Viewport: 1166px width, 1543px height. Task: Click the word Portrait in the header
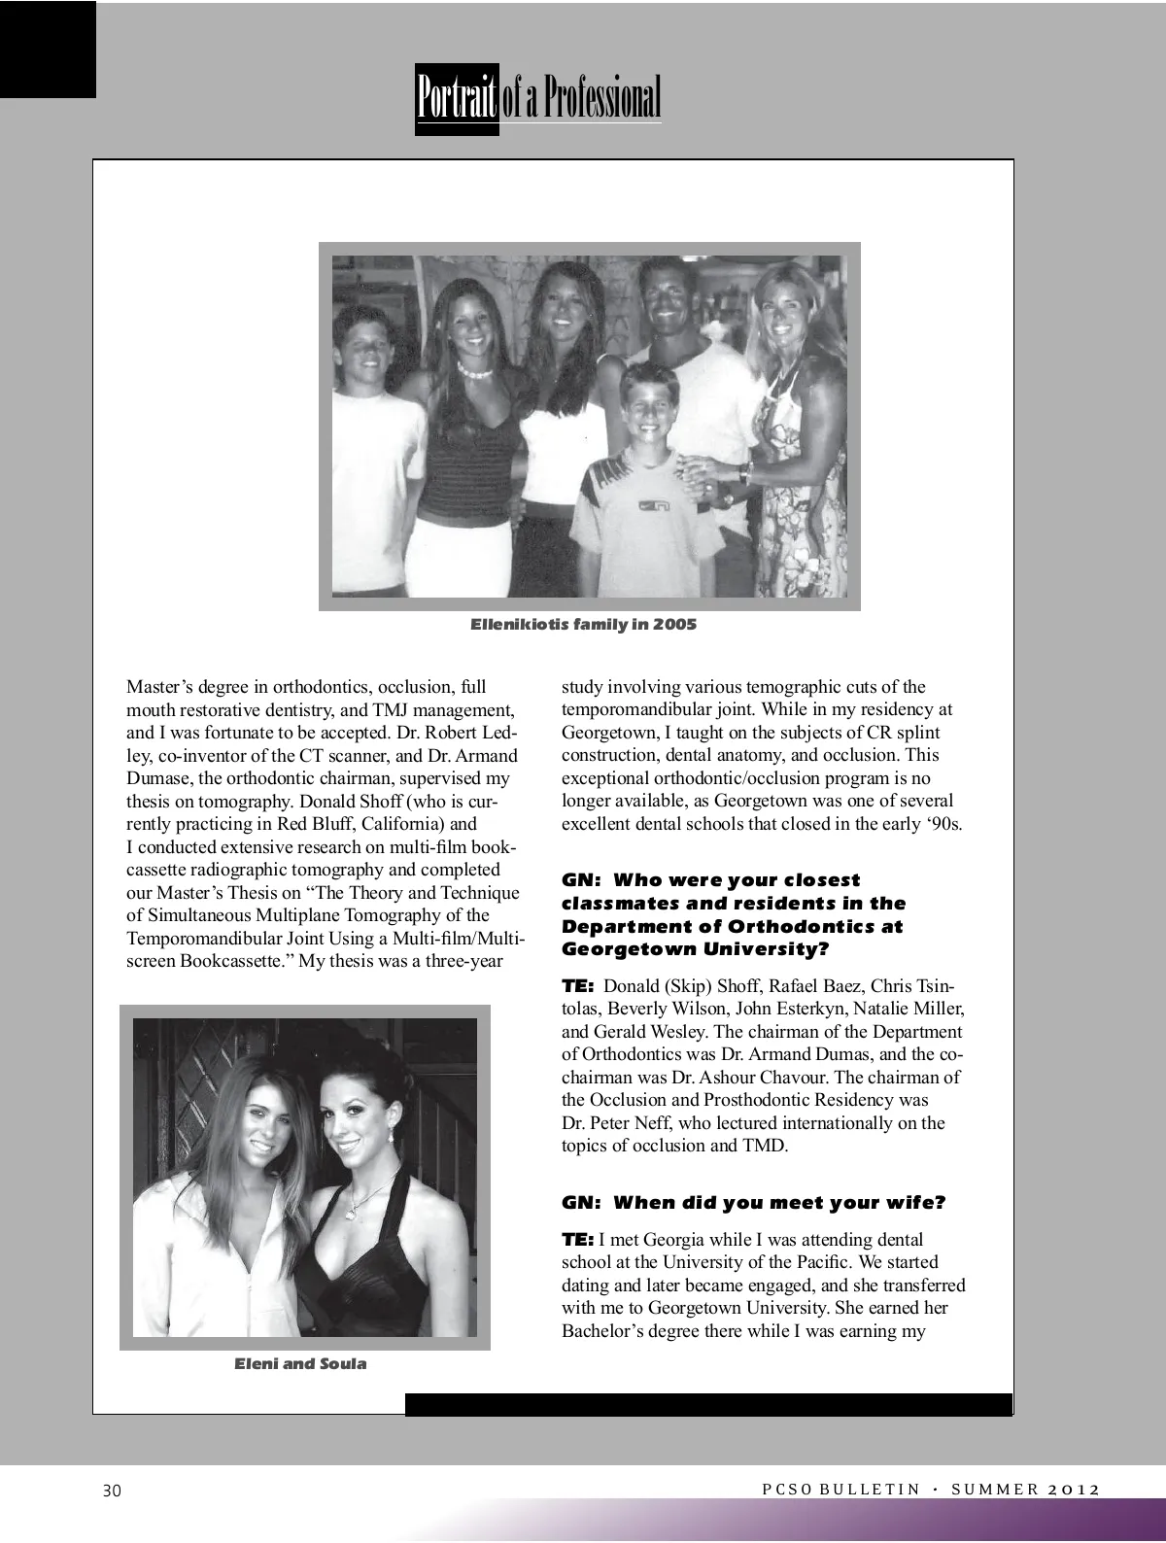click(x=457, y=100)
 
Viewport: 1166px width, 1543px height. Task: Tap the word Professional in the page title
click(x=601, y=100)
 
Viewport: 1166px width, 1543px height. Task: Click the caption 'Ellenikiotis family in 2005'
click(x=583, y=624)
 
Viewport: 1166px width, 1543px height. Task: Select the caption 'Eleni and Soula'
click(x=300, y=1363)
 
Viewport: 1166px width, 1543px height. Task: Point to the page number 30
click(x=112, y=1491)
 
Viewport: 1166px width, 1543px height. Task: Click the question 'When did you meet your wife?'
click(x=779, y=1203)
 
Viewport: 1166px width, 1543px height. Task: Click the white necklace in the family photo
click(x=476, y=372)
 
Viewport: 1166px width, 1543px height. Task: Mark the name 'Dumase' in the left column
click(x=159, y=778)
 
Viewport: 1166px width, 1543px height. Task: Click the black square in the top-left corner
click(x=48, y=49)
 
